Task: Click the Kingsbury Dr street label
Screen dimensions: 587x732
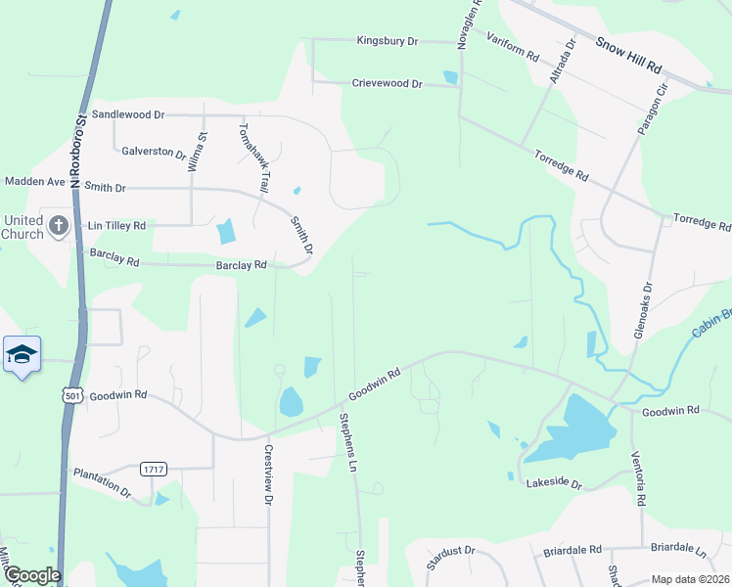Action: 387,41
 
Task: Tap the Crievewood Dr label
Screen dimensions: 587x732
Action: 387,84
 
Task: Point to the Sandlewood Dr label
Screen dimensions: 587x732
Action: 129,114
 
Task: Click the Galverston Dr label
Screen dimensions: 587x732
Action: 154,153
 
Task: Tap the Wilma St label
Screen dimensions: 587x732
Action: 204,152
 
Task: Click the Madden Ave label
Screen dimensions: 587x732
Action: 34,181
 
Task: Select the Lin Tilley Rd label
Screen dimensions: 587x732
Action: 116,225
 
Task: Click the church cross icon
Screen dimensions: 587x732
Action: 58,227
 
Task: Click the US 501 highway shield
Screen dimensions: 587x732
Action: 70,394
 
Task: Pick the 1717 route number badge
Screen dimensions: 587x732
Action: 152,469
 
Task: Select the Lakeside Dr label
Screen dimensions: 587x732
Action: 554,484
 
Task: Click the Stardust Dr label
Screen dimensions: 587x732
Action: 450,558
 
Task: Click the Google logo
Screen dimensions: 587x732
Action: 32,575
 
